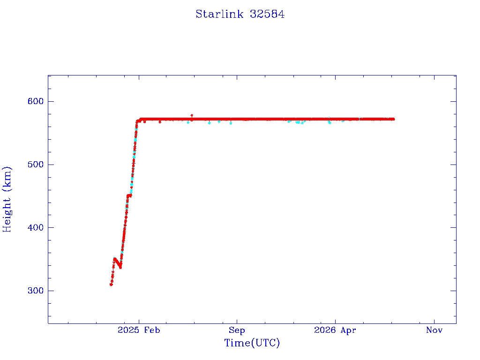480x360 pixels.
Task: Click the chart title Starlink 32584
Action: coord(240,14)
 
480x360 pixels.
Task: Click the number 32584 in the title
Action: coord(267,14)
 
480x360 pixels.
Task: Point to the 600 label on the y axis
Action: coord(36,101)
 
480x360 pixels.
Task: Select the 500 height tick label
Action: coord(36,165)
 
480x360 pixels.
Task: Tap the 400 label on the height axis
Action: coord(36,227)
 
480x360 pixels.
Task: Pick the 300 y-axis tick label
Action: coord(36,291)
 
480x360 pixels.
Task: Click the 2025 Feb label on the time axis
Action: coord(139,330)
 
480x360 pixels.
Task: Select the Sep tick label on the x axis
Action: coord(237,330)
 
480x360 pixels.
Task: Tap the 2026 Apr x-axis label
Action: coord(335,330)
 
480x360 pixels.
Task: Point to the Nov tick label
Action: coord(434,330)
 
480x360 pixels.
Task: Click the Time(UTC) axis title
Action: coord(252,343)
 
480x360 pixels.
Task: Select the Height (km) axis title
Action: coord(7,199)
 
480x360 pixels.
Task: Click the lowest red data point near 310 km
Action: coord(111,285)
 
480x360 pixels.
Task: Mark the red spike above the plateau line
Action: coord(192,116)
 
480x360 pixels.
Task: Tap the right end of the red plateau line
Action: coord(393,119)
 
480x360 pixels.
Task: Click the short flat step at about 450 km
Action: coord(129,195)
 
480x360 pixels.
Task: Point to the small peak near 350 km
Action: coord(115,259)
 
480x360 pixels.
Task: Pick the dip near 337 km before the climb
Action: coord(120,267)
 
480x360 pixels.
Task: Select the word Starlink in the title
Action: coord(219,14)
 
